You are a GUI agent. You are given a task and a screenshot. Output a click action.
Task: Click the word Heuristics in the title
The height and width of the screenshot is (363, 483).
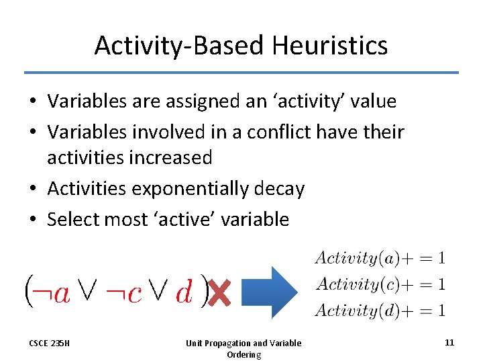[x=330, y=46]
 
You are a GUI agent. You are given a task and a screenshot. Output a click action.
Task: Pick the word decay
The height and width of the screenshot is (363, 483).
[x=278, y=189]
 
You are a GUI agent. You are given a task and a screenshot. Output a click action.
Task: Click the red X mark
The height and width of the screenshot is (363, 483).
[x=219, y=292]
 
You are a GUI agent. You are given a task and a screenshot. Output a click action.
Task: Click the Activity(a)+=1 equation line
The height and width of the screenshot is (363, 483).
[x=380, y=257]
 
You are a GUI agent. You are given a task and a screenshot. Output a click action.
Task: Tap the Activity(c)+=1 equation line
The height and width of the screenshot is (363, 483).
[x=380, y=284]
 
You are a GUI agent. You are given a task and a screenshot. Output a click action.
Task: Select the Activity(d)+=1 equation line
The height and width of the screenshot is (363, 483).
[x=380, y=310]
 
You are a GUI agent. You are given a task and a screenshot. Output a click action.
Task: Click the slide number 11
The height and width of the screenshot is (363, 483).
[x=449, y=342]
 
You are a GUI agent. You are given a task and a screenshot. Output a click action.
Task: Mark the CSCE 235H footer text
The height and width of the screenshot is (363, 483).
[x=50, y=344]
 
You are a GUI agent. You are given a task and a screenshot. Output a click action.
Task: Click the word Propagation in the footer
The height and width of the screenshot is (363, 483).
[x=229, y=344]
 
